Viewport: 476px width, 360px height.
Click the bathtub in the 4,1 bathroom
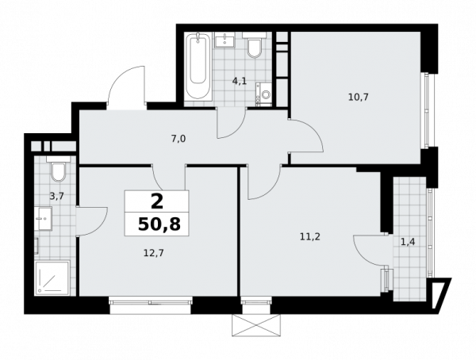[x=198, y=67]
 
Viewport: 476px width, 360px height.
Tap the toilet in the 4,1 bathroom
[x=254, y=45]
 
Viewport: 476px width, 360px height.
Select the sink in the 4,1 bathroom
[x=225, y=40]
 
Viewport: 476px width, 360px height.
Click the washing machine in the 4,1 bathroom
[x=263, y=94]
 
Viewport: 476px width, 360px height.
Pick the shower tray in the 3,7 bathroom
[x=52, y=278]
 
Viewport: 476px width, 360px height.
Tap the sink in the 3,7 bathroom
[x=43, y=219]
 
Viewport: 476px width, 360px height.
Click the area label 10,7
[x=359, y=98]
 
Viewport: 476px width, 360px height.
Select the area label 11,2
[x=310, y=237]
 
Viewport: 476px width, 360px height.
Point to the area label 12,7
[x=154, y=252]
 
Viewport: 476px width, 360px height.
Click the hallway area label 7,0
[x=178, y=139]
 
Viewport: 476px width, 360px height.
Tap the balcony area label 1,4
[x=408, y=242]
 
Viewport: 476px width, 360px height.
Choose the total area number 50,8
[x=159, y=224]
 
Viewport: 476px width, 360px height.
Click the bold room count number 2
[x=157, y=202]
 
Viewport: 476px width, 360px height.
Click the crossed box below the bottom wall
[x=255, y=325]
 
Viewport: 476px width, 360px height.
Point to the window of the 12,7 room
[x=151, y=302]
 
